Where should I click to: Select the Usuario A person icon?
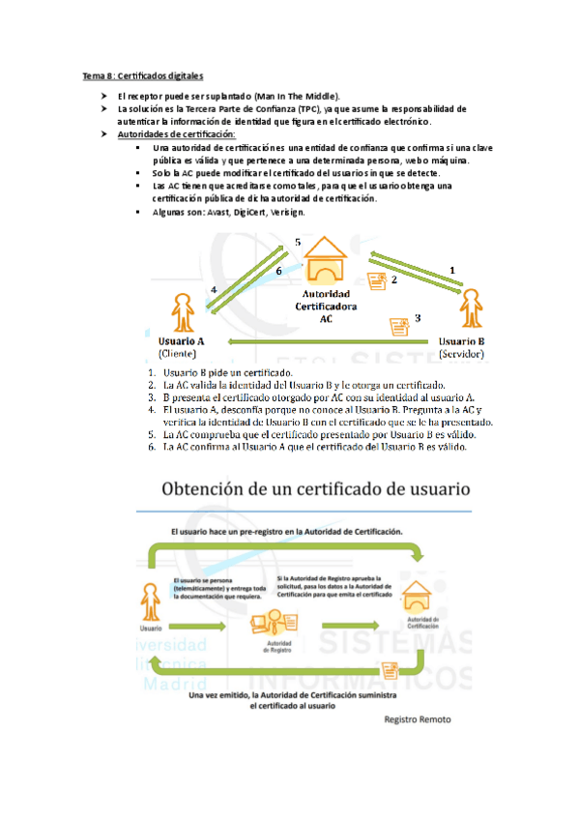tap(180, 313)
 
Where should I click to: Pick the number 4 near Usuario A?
tap(214, 290)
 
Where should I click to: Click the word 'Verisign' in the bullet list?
tap(286, 211)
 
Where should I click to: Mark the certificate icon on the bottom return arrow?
tap(391, 668)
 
